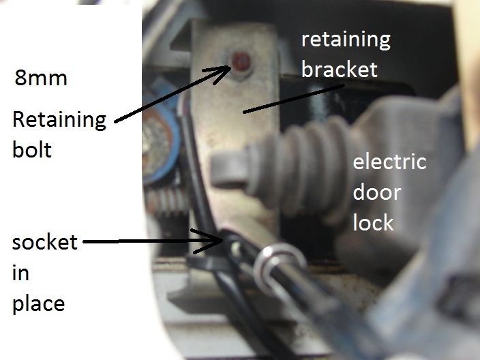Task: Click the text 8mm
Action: click(40, 78)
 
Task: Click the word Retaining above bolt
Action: click(59, 121)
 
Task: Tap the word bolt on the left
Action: click(31, 149)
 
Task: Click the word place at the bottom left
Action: click(38, 302)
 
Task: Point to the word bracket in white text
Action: click(340, 69)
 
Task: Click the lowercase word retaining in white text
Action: click(346, 40)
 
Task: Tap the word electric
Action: click(389, 162)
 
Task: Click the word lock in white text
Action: click(373, 222)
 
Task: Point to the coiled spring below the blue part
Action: click(166, 202)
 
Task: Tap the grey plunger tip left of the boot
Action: click(225, 170)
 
